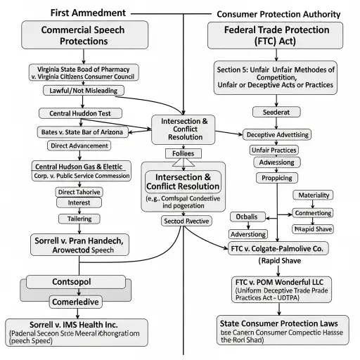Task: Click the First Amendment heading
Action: (89, 13)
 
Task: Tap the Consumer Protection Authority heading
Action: (279, 14)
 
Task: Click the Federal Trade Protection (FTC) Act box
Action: (276, 36)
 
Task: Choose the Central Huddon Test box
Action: (73, 113)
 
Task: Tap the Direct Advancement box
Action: (79, 146)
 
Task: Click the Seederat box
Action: (271, 112)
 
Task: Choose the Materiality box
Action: (315, 195)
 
